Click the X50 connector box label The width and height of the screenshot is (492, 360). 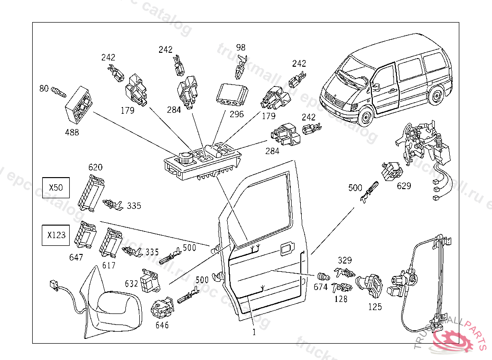(x=56, y=188)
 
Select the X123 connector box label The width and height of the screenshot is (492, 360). (x=56, y=236)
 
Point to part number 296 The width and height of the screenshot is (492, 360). (x=237, y=114)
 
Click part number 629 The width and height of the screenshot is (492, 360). (x=404, y=186)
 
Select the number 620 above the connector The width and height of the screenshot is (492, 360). (x=95, y=168)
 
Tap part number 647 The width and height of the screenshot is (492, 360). (x=76, y=257)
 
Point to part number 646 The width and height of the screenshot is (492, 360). (x=162, y=325)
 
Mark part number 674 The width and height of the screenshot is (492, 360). (x=320, y=287)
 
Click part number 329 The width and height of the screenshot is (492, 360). (x=344, y=260)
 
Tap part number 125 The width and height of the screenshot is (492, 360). (x=375, y=306)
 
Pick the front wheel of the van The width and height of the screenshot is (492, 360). (x=367, y=116)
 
